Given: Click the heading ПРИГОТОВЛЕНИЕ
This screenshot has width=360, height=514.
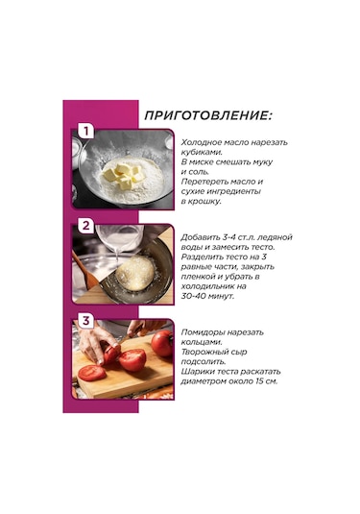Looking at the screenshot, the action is coord(207,115).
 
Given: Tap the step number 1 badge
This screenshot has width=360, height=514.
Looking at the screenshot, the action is coord(85,131).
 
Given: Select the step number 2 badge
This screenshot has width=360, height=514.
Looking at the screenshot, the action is coord(85,226).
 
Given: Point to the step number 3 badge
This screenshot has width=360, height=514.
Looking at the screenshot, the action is coord(85,321).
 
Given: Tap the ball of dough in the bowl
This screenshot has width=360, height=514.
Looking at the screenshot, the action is coord(135,273).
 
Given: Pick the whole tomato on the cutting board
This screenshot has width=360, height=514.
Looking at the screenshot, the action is coord(162,343).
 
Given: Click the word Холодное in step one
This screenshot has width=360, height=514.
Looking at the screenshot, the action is coord(202,142).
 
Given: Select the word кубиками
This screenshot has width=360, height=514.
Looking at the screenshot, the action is coord(202,153).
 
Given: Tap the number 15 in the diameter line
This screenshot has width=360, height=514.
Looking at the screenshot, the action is coord(258,381).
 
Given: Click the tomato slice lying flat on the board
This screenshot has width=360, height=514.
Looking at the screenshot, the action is coord(92,374).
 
